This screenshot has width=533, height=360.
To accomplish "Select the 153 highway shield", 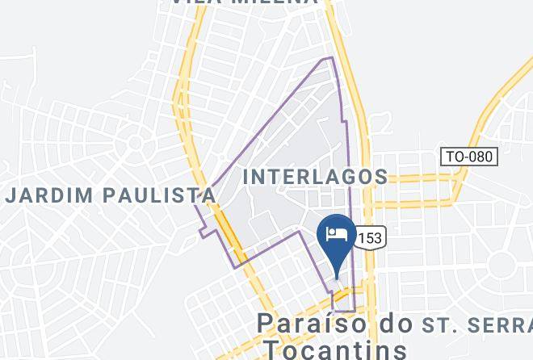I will coord(369,237).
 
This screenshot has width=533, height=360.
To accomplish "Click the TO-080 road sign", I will coord(468,156).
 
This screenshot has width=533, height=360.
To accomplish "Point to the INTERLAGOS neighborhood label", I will coord(315,176).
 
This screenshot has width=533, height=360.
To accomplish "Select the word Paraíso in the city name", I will coord(315,324).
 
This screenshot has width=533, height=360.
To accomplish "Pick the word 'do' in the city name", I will coord(397,324).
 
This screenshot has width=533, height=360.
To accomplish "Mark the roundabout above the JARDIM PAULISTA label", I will coord(135,144).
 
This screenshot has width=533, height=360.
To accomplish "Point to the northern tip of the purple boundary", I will coord(329,58).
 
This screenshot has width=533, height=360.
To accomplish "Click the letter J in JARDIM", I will coord(11,195).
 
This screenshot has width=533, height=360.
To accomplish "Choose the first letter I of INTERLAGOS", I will coord(247,176).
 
